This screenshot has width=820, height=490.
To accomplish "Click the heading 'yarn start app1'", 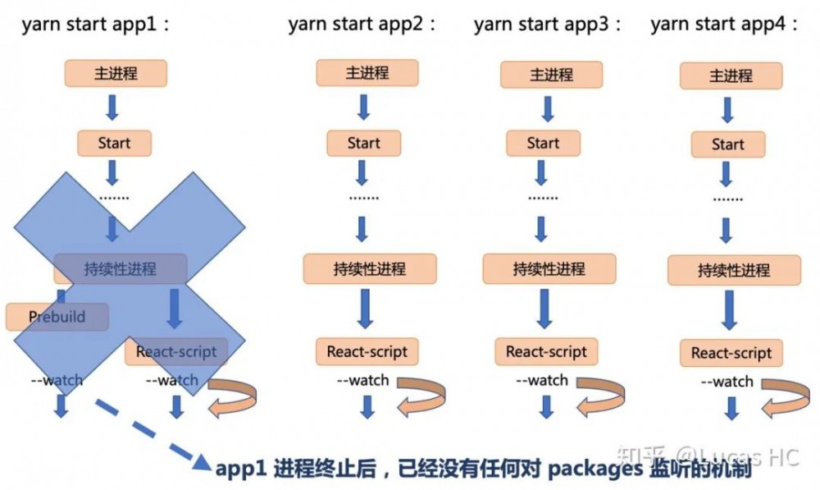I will click(96, 24).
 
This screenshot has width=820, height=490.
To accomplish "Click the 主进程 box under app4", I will click(731, 76).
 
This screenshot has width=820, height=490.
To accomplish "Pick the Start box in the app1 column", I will click(114, 143).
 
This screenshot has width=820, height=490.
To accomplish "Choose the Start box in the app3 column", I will click(543, 143).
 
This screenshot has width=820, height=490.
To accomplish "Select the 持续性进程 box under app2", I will click(370, 268).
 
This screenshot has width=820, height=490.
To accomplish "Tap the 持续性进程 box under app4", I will click(734, 270).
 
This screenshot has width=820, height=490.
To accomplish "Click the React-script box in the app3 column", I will click(546, 352).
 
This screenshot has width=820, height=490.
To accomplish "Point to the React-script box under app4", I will click(731, 354).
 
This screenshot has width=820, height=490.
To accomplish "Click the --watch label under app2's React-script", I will click(362, 381).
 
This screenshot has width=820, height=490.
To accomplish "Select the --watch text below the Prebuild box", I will click(57, 380).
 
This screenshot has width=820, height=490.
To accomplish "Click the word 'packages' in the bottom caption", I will click(583, 469).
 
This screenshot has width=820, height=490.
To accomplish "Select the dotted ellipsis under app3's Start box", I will click(543, 198).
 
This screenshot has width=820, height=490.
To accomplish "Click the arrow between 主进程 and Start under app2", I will click(364, 108).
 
